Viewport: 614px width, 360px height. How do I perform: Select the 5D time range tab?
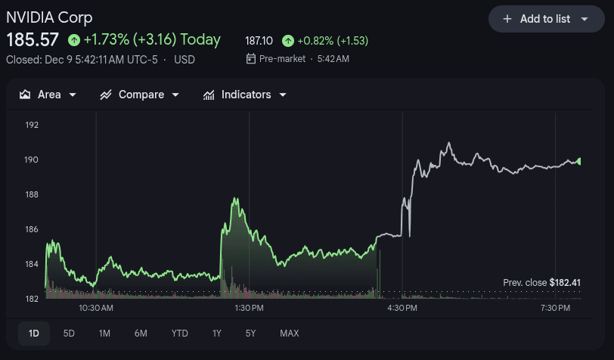(69, 334)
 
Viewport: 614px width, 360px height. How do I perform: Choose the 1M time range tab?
(104, 334)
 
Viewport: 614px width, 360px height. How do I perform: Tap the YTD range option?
(179, 334)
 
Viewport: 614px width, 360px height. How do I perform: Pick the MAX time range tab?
(289, 334)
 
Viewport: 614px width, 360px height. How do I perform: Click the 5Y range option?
(250, 334)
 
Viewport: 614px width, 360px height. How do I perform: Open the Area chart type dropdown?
(48, 95)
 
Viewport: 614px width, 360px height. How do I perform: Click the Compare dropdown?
(140, 95)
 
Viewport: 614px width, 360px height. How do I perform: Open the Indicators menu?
(245, 95)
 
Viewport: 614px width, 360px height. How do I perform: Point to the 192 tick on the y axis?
(31, 125)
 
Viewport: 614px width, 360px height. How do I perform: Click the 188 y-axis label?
(31, 194)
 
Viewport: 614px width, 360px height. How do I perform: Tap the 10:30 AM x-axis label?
(96, 309)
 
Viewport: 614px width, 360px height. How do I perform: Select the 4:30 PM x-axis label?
(402, 309)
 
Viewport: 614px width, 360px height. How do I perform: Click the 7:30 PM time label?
(555, 309)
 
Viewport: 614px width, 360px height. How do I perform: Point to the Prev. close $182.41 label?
(541, 283)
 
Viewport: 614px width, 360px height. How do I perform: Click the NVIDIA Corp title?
(49, 17)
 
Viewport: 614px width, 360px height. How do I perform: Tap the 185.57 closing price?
(33, 39)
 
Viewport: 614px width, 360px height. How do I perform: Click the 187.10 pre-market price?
(259, 40)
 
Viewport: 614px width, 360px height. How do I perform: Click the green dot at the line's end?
(578, 161)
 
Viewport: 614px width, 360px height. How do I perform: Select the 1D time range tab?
(34, 334)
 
